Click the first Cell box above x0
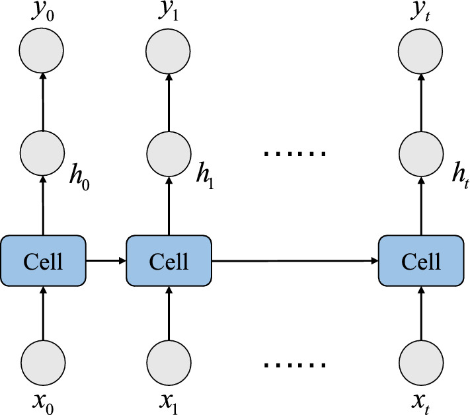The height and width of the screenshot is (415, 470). click(x=43, y=261)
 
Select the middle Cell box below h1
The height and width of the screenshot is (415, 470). click(x=169, y=261)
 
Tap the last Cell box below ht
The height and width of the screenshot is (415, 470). click(x=422, y=261)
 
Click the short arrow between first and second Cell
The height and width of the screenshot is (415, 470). click(x=106, y=261)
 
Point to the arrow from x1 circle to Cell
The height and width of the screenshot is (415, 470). click(x=169, y=313)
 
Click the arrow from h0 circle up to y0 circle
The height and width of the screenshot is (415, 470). click(x=43, y=102)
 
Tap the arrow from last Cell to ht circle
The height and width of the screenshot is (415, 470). click(x=422, y=205)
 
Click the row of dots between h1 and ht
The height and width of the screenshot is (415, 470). click(x=295, y=154)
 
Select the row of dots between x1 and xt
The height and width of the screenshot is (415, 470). click(x=295, y=364)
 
